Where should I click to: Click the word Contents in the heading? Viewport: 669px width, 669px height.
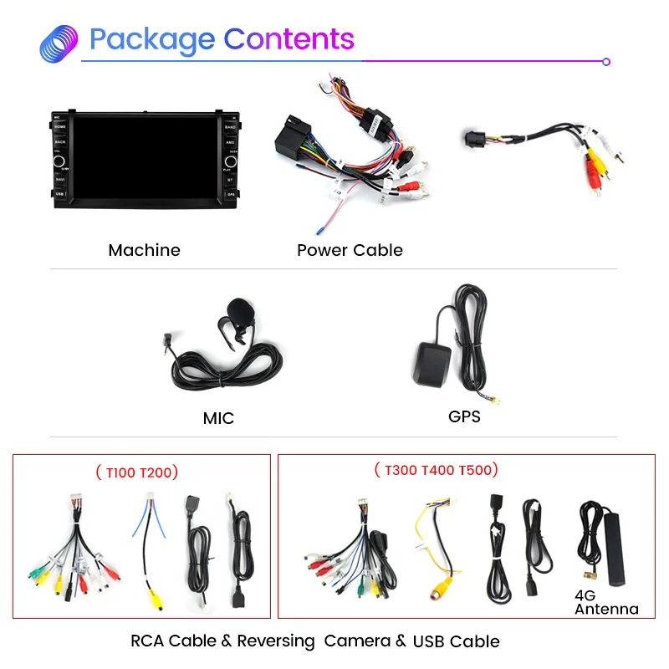tap(289, 39)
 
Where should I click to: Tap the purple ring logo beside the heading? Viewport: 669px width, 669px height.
tap(59, 43)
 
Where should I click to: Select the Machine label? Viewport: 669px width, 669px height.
tap(144, 250)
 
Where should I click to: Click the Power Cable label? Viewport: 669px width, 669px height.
tap(350, 250)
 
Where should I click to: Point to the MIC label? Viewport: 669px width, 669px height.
tap(218, 418)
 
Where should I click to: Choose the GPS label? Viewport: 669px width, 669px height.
tap(464, 416)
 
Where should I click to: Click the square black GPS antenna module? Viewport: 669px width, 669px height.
tap(436, 361)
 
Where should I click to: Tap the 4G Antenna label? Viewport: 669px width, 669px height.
tap(605, 603)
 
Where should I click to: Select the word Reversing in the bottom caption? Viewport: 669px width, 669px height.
tap(276, 641)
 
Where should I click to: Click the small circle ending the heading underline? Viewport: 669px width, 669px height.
tap(606, 61)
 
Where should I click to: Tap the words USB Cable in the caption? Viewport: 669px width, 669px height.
tap(456, 641)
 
